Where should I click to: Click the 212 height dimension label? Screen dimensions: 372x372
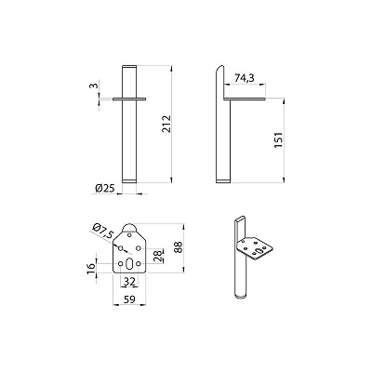point(166,124)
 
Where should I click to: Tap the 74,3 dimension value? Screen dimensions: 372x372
point(245,78)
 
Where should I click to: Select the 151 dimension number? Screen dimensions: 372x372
point(279,139)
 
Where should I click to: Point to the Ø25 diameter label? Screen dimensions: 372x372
point(105,188)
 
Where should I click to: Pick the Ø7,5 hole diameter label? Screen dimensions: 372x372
point(103,232)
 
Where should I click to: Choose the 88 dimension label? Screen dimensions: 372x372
point(179,247)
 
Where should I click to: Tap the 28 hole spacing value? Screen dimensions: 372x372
point(157,256)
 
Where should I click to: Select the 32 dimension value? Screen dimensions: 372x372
point(129,282)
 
